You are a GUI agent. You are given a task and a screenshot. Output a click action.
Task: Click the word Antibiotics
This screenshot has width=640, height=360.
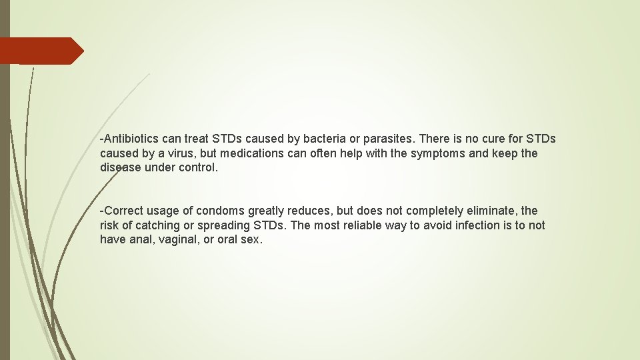[132, 139]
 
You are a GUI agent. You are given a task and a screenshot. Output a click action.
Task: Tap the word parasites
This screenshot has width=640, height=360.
[389, 139]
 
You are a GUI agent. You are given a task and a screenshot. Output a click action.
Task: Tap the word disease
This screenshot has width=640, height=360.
[121, 167]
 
